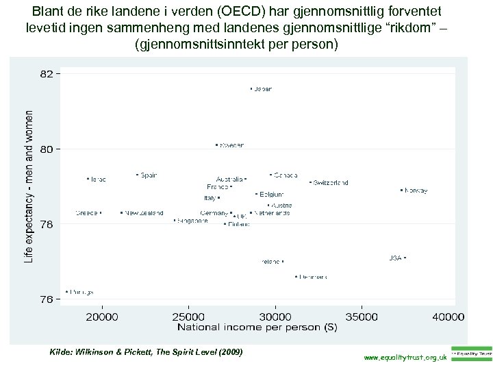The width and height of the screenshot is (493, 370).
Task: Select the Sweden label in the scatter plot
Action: (x=231, y=145)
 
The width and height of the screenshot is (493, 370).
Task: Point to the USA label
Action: (x=395, y=258)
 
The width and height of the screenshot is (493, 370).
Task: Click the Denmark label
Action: (x=313, y=277)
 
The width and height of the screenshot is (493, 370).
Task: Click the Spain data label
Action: (x=149, y=175)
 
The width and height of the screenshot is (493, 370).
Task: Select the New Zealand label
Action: (x=144, y=213)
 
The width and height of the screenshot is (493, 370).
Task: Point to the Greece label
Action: (x=87, y=213)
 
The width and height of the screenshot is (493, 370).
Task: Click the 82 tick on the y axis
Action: (x=46, y=74)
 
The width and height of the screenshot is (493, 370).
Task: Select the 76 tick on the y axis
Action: (x=46, y=299)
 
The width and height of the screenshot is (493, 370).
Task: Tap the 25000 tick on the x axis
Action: (x=188, y=317)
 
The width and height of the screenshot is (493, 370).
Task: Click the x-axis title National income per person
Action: (x=257, y=328)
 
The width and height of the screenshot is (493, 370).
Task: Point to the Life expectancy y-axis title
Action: (x=29, y=186)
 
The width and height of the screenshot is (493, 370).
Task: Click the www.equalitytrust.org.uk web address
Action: (x=406, y=358)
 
